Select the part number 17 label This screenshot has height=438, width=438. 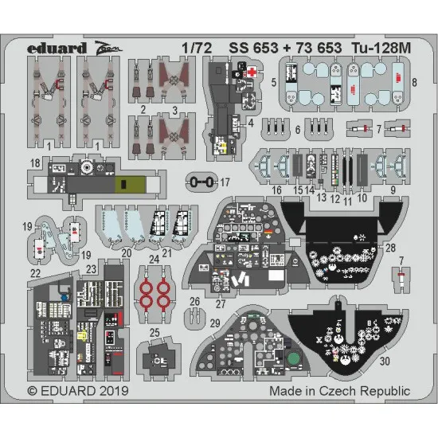[x=225, y=182]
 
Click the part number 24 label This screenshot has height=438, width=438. [x=153, y=258]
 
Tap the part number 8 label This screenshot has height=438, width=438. [x=414, y=82]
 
